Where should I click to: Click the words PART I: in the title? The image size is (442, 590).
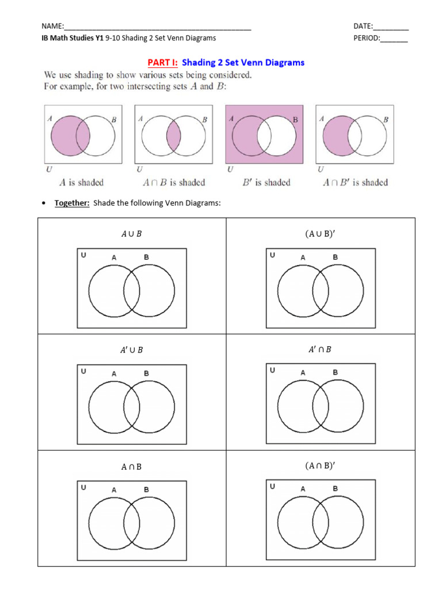(163, 63)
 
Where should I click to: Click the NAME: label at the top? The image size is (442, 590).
(53, 27)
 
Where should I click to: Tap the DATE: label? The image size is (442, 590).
(363, 27)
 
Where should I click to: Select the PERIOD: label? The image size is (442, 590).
(367, 38)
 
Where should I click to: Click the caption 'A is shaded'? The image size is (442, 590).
(82, 183)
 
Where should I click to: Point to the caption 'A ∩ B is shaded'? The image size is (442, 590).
(173, 183)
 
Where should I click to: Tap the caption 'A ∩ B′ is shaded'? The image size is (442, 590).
(354, 183)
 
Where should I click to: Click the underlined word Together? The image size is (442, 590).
(72, 203)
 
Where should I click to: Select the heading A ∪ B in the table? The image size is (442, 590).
(132, 234)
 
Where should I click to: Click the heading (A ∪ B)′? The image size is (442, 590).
(320, 234)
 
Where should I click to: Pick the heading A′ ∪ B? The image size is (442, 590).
(132, 350)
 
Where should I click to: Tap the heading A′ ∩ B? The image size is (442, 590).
(320, 349)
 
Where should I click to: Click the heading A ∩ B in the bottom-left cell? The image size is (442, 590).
(131, 467)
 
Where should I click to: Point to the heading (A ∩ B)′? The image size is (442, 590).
(320, 466)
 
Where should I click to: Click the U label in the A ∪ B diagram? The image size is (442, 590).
(84, 255)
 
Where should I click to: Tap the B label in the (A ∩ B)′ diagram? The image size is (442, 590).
(336, 489)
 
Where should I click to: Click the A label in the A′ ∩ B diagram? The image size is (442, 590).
(303, 373)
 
